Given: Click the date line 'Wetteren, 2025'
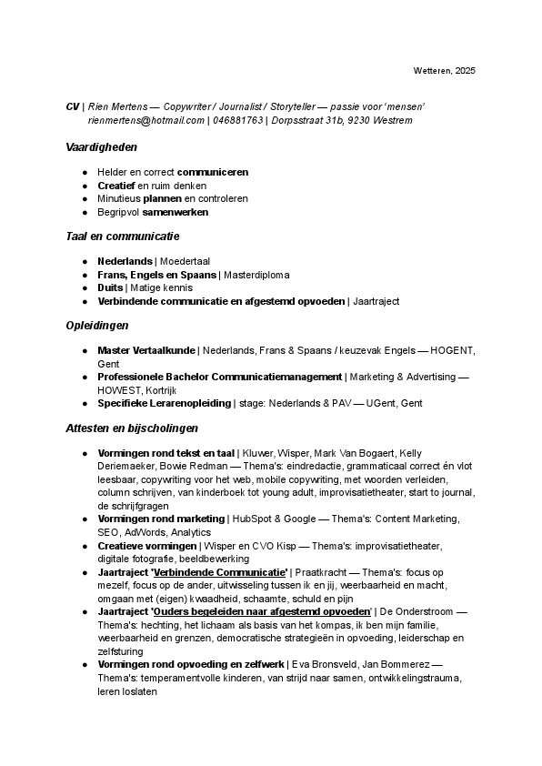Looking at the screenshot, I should (444, 70).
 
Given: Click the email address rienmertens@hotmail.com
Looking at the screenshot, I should (146, 120).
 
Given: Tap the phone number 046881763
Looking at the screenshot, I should (237, 120).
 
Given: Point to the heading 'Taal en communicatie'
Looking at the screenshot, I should (123, 236).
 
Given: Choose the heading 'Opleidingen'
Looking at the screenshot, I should (97, 325).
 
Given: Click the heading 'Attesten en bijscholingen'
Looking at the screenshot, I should (132, 428).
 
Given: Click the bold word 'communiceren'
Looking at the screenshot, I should (213, 172).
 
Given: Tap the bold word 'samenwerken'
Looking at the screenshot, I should (176, 212).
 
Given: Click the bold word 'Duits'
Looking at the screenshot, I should (111, 287).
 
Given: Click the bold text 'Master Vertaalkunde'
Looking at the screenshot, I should (146, 350).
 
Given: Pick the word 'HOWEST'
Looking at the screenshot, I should (119, 389).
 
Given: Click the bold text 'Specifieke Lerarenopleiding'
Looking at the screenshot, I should (164, 403).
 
